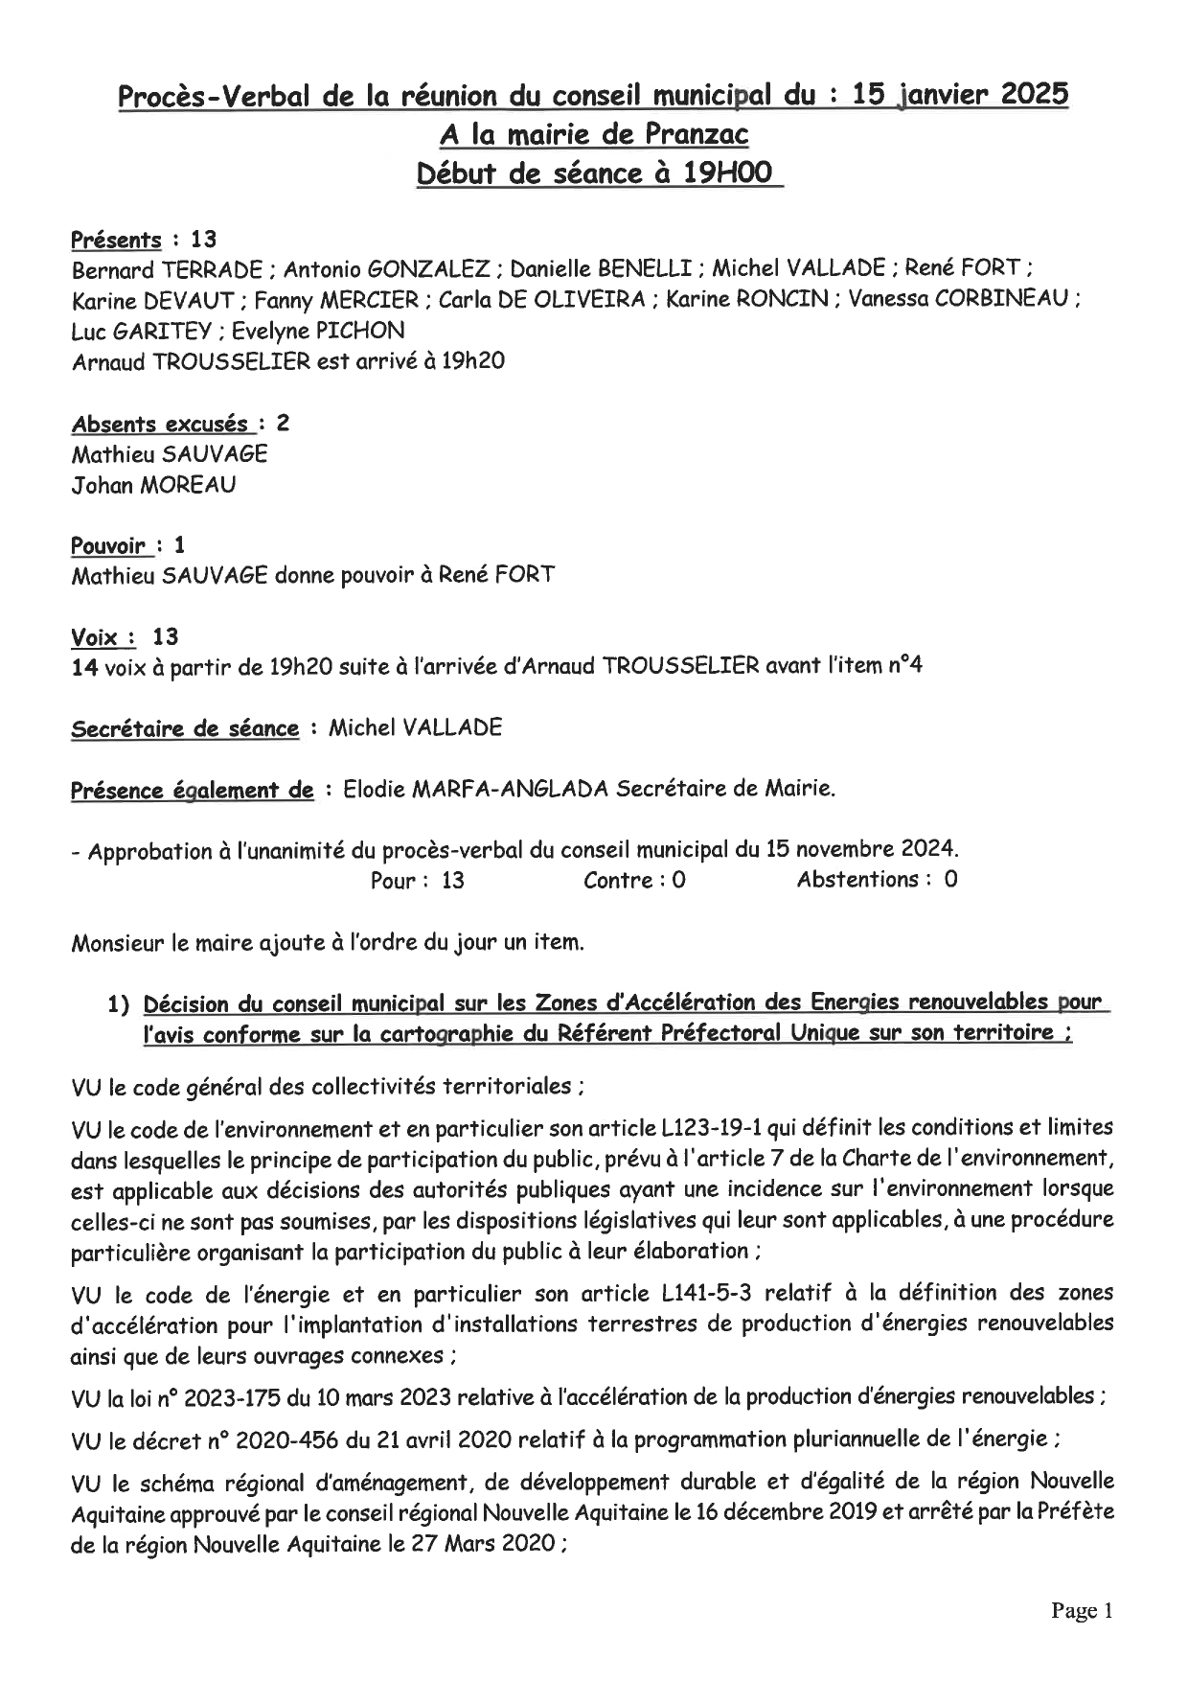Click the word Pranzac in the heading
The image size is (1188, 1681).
click(x=697, y=135)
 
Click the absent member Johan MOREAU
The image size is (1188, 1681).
click(x=153, y=485)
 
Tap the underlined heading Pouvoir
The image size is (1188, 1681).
click(x=108, y=546)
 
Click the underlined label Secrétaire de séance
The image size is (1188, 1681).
click(x=186, y=728)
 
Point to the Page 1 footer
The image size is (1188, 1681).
click(x=1082, y=1611)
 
